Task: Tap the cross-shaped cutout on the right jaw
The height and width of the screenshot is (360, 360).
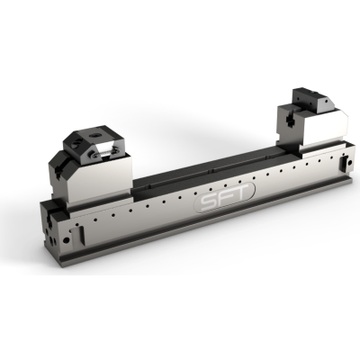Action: (x=290, y=114)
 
